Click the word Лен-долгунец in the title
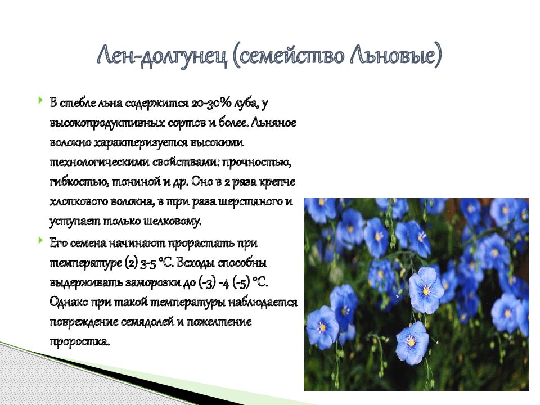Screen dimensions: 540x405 pos(162,56)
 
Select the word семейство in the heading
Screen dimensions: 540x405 pos(291,55)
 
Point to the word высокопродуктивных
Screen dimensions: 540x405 pos(107,123)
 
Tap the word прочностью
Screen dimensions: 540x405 pos(257,163)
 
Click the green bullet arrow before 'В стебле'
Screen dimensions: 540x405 pos(41,101)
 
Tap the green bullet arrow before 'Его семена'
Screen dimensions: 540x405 pos(41,240)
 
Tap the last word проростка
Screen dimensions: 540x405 pos(79,342)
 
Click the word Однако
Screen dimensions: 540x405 pos(69,303)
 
